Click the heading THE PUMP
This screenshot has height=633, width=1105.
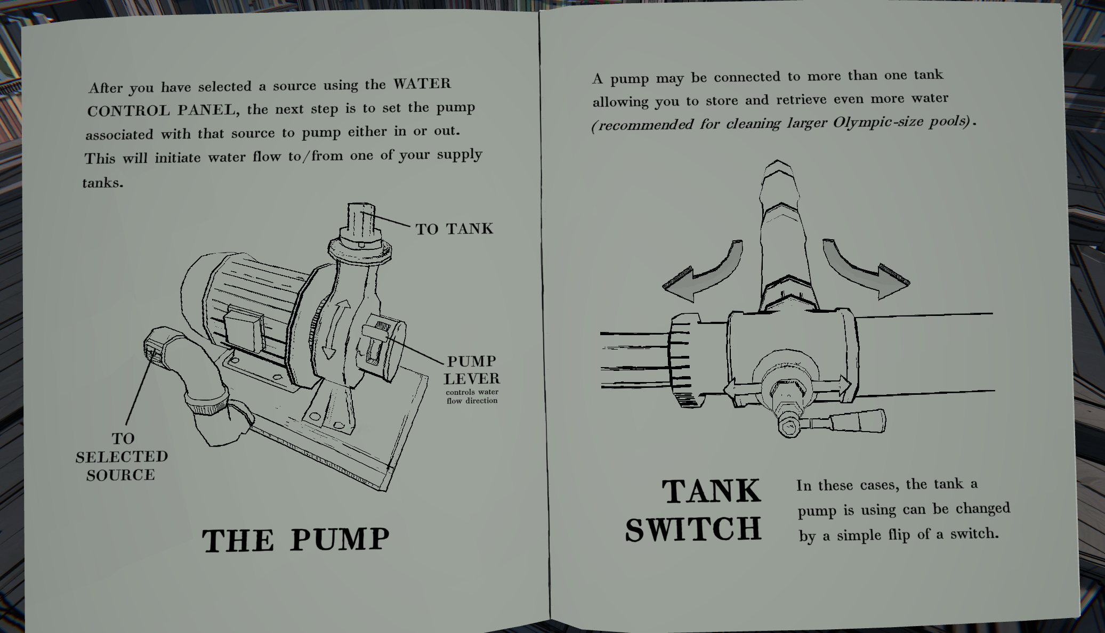tap(296, 539)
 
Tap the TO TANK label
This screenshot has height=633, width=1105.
tap(454, 229)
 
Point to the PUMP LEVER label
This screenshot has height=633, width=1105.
tap(472, 370)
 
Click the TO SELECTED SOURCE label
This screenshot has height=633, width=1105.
tap(122, 457)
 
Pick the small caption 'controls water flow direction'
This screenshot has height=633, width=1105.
tap(472, 396)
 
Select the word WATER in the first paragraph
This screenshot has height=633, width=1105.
tap(422, 84)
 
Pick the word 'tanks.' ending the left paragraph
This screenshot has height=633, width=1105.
tap(103, 183)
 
